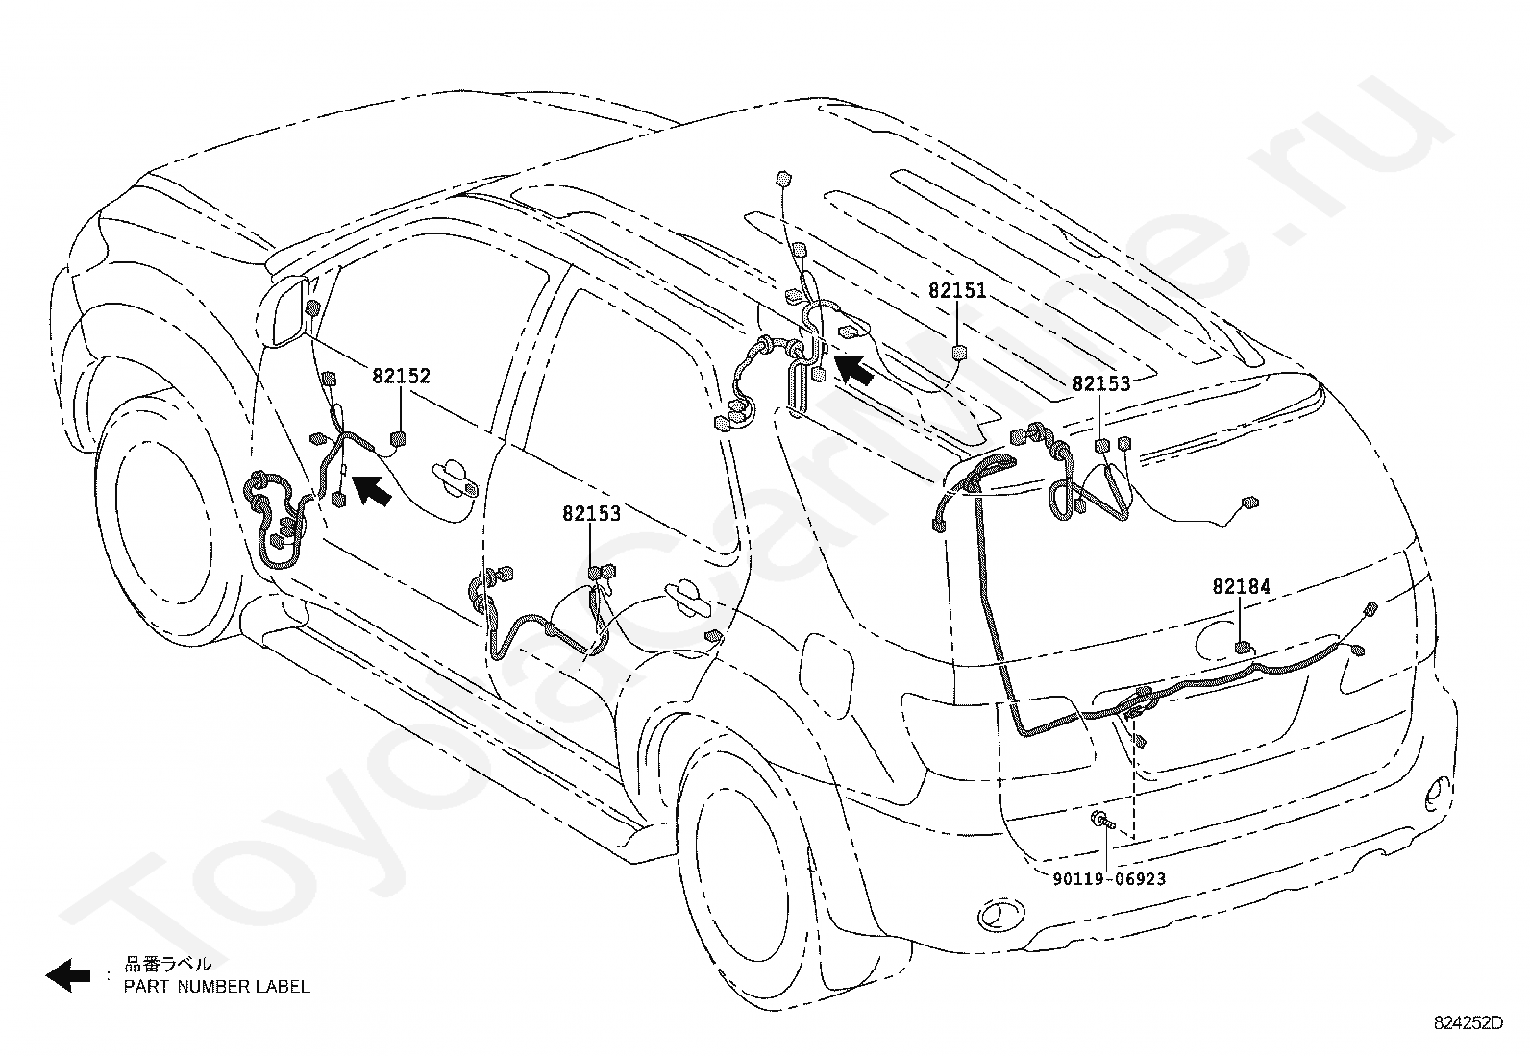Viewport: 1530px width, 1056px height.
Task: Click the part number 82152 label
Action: pyautogui.click(x=401, y=376)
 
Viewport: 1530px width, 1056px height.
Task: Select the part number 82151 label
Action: pyautogui.click(x=957, y=291)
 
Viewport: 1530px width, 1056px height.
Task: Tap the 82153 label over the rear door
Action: pyautogui.click(x=591, y=514)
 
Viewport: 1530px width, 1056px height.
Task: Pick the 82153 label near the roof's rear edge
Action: pyautogui.click(x=1101, y=384)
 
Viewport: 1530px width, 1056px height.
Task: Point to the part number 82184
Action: pyautogui.click(x=1241, y=587)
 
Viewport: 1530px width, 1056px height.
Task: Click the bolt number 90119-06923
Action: pyautogui.click(x=1109, y=879)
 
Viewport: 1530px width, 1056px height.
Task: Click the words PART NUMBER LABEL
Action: pyautogui.click(x=216, y=986)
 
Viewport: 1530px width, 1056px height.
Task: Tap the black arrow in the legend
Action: pyautogui.click(x=68, y=975)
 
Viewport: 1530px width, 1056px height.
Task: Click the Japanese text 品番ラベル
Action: pyautogui.click(x=168, y=964)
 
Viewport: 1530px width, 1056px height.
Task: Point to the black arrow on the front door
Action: pyautogui.click(x=372, y=490)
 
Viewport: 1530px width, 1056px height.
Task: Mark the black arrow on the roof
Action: pyautogui.click(x=854, y=370)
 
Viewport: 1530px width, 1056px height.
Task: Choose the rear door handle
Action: pyautogui.click(x=688, y=597)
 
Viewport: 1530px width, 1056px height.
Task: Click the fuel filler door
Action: pyautogui.click(x=826, y=669)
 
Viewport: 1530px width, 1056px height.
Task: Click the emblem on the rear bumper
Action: pyautogui.click(x=1001, y=914)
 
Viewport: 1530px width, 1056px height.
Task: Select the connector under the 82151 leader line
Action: pyautogui.click(x=959, y=353)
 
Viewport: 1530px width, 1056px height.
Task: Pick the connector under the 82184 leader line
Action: pyautogui.click(x=1244, y=648)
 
